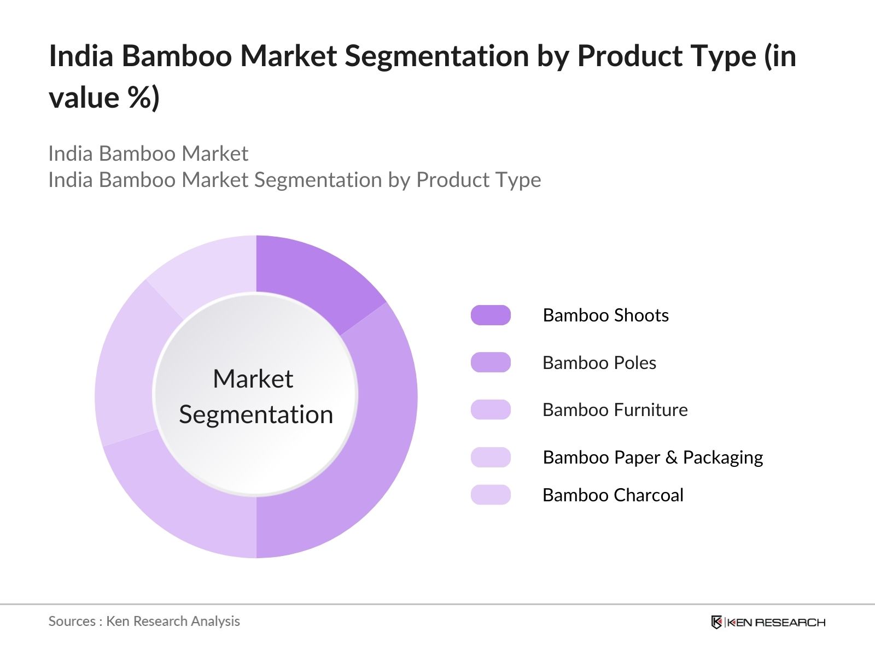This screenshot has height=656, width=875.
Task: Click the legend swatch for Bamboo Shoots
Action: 491,315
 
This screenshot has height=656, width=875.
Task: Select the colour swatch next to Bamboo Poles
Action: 491,362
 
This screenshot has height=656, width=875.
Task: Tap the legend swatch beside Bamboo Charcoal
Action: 491,495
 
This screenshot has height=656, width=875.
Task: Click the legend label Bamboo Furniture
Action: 615,410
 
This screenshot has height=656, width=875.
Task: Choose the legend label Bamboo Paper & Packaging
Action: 652,458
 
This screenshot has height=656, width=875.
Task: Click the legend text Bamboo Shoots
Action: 605,315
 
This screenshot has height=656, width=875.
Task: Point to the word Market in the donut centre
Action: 253,379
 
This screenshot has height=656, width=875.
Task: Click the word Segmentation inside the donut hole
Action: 256,414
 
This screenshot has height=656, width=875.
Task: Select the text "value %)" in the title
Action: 104,98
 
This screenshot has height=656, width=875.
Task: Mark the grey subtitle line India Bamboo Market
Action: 148,154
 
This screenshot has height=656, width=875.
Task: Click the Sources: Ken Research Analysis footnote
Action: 144,621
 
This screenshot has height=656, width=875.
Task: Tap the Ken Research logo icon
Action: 716,622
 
